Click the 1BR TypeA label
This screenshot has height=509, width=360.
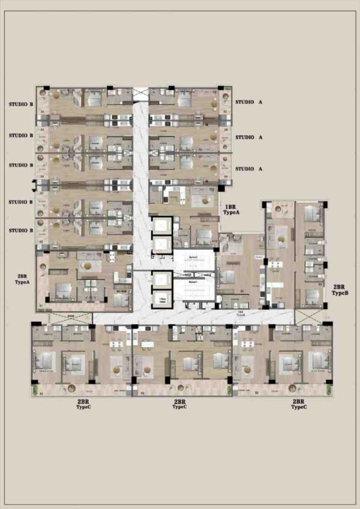pos(232,210)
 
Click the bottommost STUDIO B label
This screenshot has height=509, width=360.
pos(21,230)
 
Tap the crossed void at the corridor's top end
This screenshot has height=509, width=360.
pos(140,94)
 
